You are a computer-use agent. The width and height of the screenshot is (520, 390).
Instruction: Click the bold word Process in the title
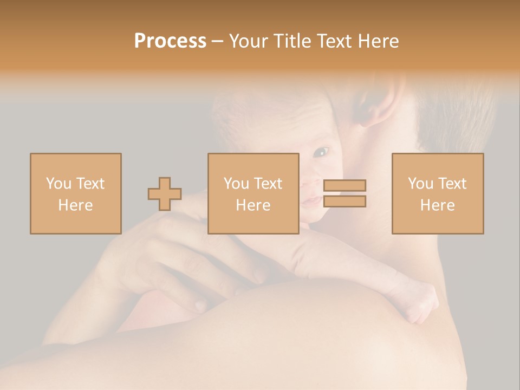[x=170, y=41]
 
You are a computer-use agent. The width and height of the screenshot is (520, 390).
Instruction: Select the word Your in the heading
[x=249, y=41]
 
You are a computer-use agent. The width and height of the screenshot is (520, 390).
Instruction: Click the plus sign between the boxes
[x=165, y=194]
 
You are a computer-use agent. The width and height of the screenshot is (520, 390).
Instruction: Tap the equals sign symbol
[x=344, y=193]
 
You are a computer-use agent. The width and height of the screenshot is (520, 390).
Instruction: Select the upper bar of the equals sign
[x=344, y=186]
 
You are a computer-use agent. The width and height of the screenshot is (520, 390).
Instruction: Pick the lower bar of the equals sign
[x=344, y=201]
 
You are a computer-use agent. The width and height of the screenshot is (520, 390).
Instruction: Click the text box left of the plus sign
[x=75, y=193]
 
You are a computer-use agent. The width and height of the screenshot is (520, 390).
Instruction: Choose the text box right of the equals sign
[x=437, y=193]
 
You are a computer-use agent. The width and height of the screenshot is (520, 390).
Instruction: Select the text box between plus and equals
[x=253, y=193]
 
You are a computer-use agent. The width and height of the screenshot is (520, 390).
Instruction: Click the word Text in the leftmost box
[x=90, y=184]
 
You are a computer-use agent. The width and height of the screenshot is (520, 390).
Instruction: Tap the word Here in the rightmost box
[x=437, y=205]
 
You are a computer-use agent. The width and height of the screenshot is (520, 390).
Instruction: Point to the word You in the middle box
[x=236, y=184]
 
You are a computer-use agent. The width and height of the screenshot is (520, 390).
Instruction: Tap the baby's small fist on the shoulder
[x=422, y=306]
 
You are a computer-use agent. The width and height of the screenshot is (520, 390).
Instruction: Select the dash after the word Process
[x=218, y=41]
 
